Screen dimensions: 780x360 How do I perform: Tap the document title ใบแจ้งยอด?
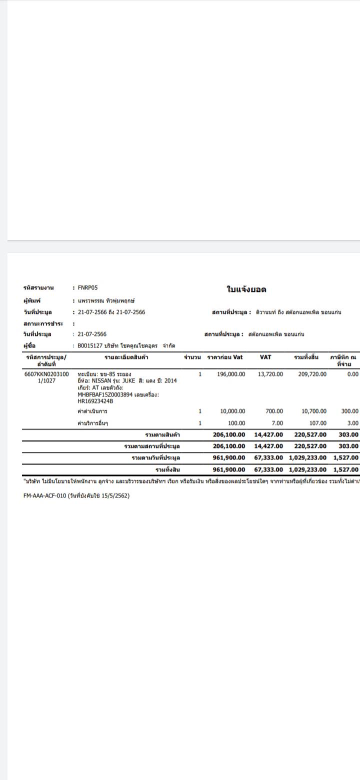coord(246,289)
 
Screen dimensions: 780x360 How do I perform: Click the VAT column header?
coord(265,357)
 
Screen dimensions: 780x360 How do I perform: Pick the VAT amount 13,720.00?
coord(270,374)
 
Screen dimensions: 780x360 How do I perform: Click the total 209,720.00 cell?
coord(312,374)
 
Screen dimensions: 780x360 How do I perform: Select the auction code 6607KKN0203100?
coord(46,374)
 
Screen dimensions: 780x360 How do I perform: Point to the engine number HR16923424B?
coord(95,401)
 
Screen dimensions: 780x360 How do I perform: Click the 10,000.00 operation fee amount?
coord(232,411)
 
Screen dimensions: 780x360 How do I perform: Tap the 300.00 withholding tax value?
coord(349,411)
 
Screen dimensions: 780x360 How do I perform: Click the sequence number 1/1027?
coord(46,380)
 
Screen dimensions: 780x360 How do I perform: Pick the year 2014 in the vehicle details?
coord(170,380)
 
